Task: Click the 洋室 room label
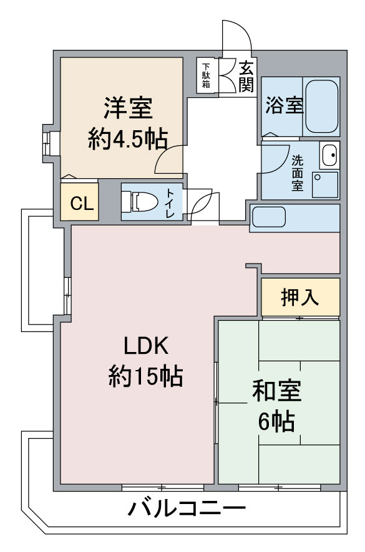(128, 110)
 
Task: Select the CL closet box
(79, 203)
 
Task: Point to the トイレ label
(170, 202)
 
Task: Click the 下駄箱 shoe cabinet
(206, 75)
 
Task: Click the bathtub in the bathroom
(322, 105)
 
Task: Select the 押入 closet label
(300, 297)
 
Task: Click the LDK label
(145, 345)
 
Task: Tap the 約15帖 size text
(145, 376)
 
